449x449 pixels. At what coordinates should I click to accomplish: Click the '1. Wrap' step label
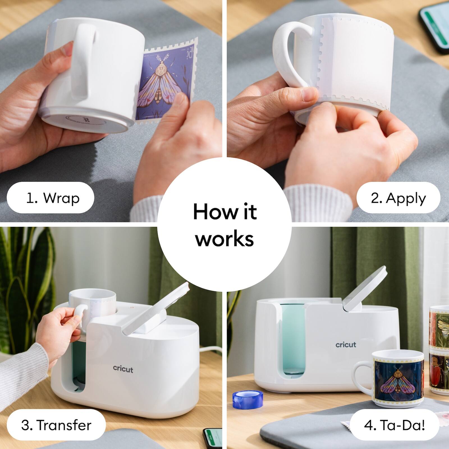point(50,198)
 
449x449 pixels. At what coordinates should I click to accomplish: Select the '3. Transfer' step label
point(56,425)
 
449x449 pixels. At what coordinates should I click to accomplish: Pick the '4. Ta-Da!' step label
point(394,425)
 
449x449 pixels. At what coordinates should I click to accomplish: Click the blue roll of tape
point(242,400)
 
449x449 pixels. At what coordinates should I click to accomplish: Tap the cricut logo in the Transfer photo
point(123,368)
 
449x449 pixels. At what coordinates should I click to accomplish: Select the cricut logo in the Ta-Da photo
point(346,345)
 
